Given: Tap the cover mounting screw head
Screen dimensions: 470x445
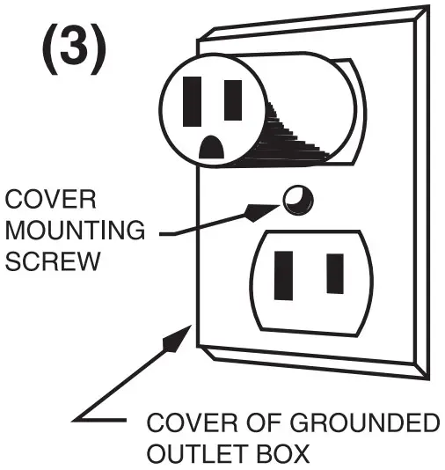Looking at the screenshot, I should click(x=296, y=199).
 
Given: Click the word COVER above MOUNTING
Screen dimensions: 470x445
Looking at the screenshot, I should click(x=39, y=199).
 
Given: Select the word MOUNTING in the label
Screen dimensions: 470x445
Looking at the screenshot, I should click(x=74, y=231).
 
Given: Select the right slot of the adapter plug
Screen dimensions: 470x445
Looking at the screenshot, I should click(x=233, y=99).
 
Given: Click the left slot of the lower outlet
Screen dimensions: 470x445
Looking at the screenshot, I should click(x=285, y=275).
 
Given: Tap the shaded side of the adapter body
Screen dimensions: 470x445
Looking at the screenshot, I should click(x=295, y=132).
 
